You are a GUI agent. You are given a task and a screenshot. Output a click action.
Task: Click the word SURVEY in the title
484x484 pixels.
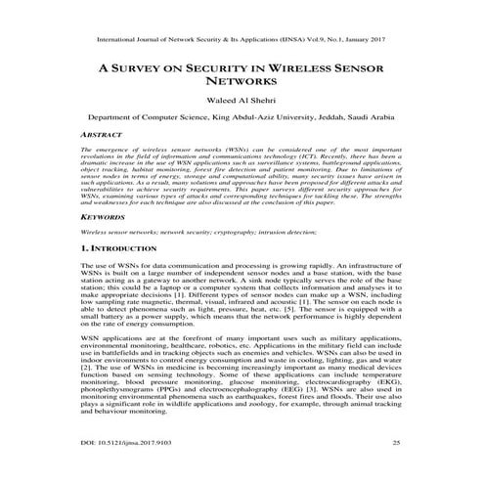(x=153, y=69)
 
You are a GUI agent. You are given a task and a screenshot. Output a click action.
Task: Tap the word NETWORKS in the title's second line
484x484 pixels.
(x=242, y=84)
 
